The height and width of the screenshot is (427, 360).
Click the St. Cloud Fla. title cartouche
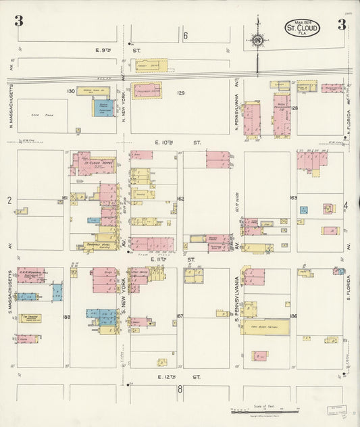click(x=301, y=28)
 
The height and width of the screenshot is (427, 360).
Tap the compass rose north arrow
click(x=257, y=39)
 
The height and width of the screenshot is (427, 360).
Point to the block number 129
click(x=180, y=93)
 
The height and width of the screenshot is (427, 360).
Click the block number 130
click(x=70, y=91)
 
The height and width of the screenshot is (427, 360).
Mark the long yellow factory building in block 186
click(x=267, y=327)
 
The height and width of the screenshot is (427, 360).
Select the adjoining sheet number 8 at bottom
click(x=180, y=389)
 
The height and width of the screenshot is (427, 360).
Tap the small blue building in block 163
click(x=303, y=210)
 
